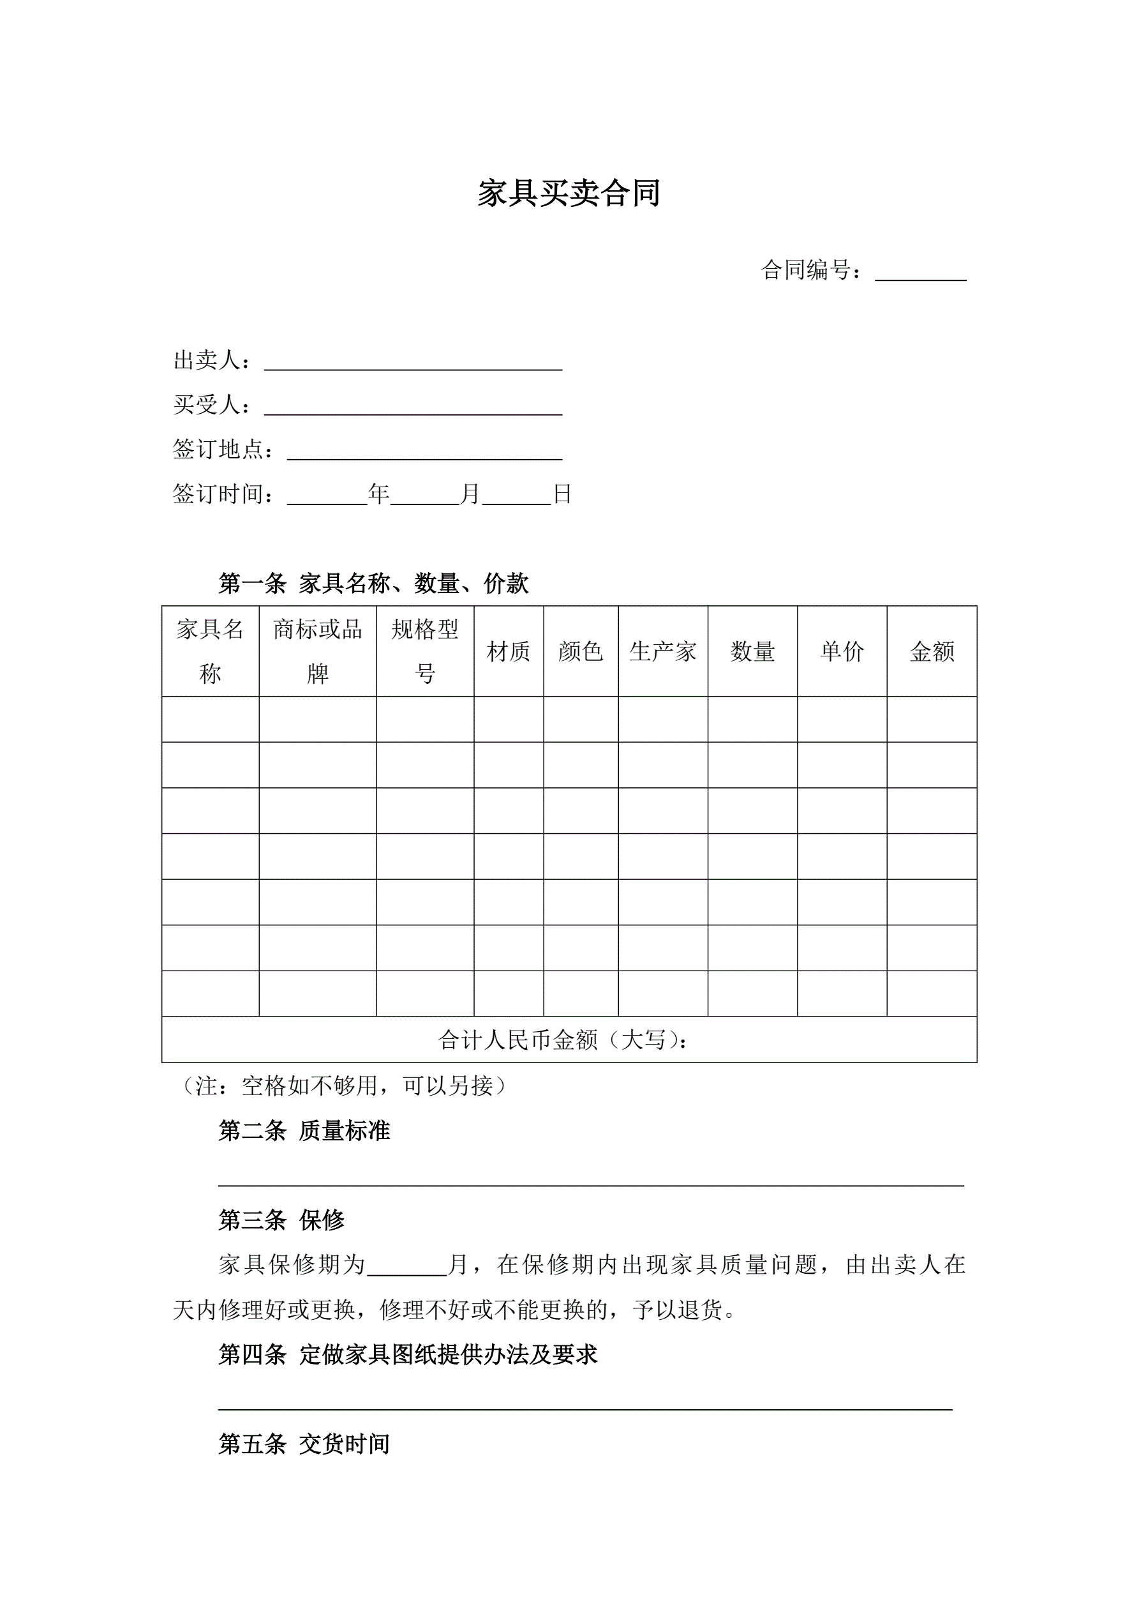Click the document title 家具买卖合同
[x=569, y=193]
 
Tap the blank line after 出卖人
[x=413, y=362]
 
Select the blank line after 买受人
[x=413, y=407]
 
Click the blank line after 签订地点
[x=424, y=452]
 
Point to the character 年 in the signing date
[x=379, y=495]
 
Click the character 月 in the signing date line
[x=470, y=495]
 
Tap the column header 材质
[x=509, y=652]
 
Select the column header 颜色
[x=581, y=652]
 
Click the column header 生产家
[x=663, y=652]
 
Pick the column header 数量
[x=752, y=652]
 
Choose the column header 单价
[x=842, y=652]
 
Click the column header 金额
[x=932, y=652]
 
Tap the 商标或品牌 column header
[x=318, y=651]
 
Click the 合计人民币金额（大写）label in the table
[x=563, y=1040]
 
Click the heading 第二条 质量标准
[x=304, y=1130]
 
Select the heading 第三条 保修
[x=281, y=1220]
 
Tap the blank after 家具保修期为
[x=408, y=1265]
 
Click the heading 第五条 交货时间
[x=304, y=1444]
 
